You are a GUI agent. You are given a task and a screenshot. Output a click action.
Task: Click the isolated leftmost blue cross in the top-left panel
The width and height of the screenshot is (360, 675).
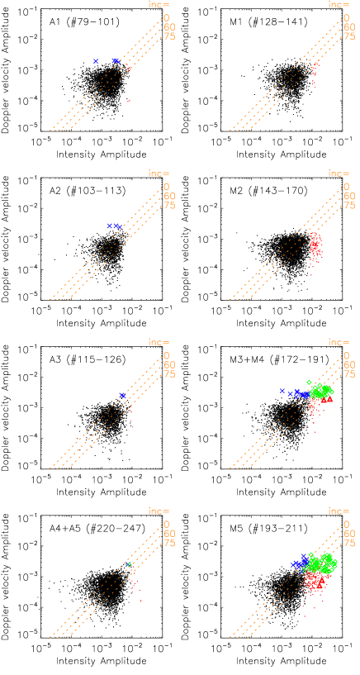[x=96, y=61]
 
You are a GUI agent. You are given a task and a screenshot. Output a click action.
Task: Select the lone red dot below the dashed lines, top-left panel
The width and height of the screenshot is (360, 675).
[x=128, y=102]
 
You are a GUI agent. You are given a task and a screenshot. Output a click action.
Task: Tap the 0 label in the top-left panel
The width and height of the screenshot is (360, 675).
[x=166, y=17]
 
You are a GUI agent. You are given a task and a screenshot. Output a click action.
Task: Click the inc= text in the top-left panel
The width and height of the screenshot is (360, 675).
[x=159, y=5]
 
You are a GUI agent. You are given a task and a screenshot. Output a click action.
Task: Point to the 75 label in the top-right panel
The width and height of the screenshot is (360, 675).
[x=349, y=36]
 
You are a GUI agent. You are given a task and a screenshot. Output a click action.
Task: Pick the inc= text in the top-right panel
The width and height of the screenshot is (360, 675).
[x=339, y=5]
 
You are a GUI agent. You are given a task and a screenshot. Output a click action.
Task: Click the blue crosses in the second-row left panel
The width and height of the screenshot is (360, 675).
[x=114, y=226]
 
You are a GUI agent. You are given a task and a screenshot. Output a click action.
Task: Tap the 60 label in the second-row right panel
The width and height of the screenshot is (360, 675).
[x=349, y=196]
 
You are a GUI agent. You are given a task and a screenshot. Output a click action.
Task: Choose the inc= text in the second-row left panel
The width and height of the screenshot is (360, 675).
[x=159, y=174]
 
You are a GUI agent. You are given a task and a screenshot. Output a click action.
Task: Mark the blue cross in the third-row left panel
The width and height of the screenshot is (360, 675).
[x=122, y=396]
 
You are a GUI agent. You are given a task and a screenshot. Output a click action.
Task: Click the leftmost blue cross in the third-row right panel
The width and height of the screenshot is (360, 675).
[x=282, y=391]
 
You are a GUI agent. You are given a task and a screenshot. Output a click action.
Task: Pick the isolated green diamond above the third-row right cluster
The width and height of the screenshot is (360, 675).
[x=309, y=383]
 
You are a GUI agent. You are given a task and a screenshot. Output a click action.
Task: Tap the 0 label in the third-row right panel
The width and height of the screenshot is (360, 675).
[x=346, y=354]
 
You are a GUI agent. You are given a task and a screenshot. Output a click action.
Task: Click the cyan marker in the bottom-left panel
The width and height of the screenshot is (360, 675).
[x=130, y=564]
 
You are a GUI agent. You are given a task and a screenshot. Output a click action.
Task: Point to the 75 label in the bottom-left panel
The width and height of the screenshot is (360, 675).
[x=169, y=543]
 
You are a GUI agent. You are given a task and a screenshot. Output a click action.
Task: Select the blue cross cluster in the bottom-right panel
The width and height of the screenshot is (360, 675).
[x=299, y=563]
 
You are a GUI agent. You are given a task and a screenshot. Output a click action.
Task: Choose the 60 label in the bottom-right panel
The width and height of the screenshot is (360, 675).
[x=349, y=534]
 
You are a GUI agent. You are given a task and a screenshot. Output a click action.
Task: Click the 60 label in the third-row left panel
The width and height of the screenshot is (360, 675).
[x=169, y=364]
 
